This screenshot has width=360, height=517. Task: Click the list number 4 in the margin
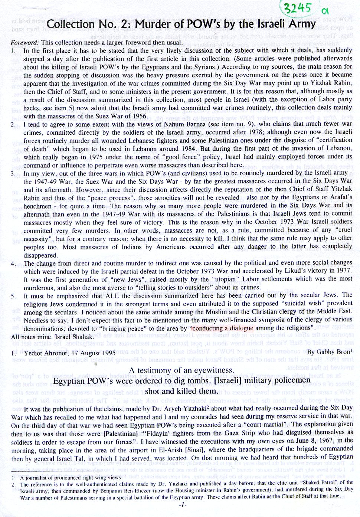coord(13,264)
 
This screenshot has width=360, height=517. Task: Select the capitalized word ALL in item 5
coord(113,296)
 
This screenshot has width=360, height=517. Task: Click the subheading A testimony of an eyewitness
coord(181,370)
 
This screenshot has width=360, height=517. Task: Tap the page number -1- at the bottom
coord(182,505)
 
